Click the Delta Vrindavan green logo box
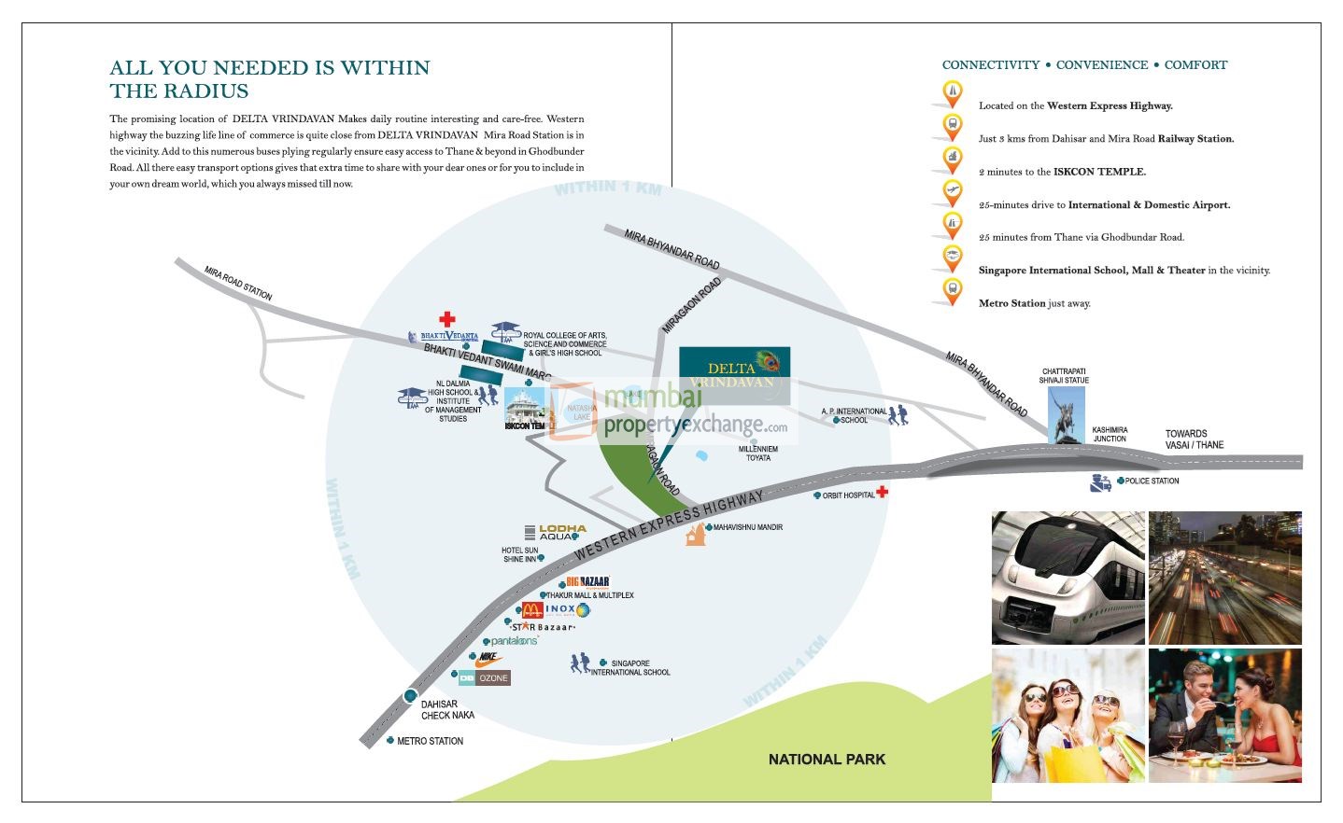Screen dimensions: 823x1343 [734, 374]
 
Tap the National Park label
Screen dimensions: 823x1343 [827, 760]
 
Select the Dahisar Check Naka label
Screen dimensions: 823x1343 [447, 710]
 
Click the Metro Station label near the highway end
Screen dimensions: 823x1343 [430, 741]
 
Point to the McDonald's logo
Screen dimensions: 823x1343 [531, 609]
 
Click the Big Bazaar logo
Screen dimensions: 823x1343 [587, 581]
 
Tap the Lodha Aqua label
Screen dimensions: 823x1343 [562, 532]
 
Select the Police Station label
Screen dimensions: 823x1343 [1152, 481]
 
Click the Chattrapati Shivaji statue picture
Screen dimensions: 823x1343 [1066, 415]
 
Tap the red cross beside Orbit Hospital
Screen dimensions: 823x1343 [882, 492]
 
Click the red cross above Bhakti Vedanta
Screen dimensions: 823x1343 [447, 319]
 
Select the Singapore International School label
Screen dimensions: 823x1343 [630, 668]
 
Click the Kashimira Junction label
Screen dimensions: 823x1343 [1110, 435]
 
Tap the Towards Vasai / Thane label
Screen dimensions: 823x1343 [1194, 439]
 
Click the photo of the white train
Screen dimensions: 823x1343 [1067, 578]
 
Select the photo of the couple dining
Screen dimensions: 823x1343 [1224, 715]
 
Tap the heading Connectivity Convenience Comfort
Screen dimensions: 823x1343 [1084, 65]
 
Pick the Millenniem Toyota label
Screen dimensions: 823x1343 [757, 453]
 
